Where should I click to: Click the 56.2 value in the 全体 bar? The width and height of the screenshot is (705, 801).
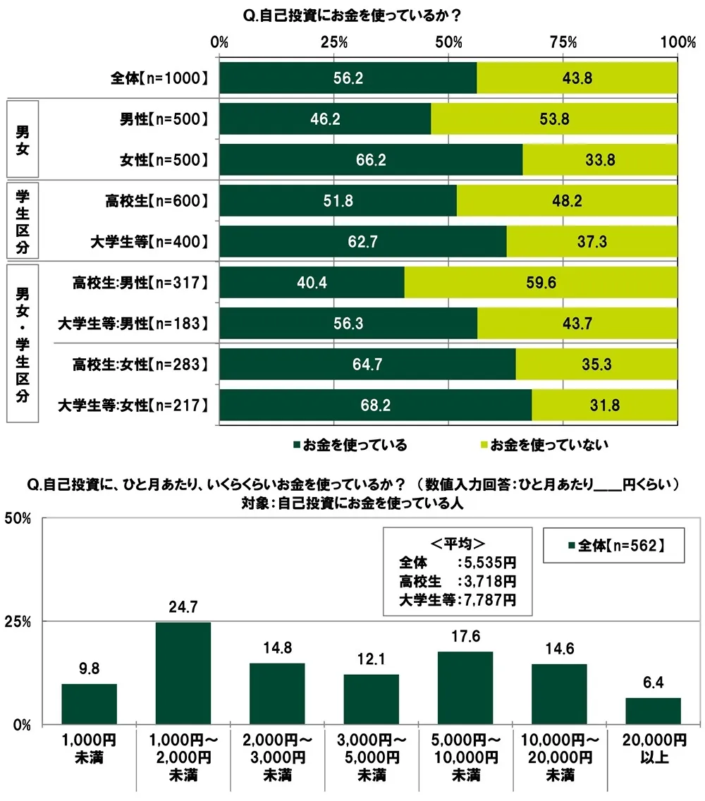click(348, 78)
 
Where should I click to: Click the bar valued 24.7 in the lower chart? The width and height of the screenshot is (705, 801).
click(183, 673)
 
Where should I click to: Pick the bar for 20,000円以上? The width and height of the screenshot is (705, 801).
click(653, 711)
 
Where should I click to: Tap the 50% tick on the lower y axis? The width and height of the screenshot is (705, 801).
click(19, 518)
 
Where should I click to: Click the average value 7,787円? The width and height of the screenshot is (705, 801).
click(487, 600)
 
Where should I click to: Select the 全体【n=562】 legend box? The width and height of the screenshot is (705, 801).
click(613, 545)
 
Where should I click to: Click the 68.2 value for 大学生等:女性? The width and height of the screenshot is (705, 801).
click(375, 405)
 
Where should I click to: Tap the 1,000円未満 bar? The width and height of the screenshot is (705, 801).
click(89, 704)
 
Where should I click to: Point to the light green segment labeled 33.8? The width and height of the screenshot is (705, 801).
click(600, 160)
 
